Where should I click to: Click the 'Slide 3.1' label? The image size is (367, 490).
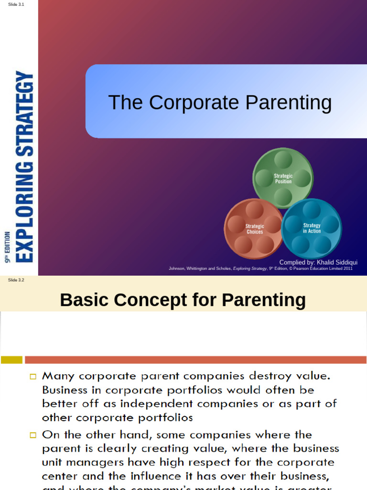pyautogui.click(x=16, y=4)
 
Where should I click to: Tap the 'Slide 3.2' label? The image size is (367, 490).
pyautogui.click(x=16, y=280)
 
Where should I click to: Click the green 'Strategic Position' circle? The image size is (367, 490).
pyautogui.click(x=283, y=178)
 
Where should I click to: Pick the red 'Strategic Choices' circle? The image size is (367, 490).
pyautogui.click(x=254, y=229)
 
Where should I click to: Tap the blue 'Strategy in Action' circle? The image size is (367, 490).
pyautogui.click(x=312, y=228)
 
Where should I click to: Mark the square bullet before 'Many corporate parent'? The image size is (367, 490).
pyautogui.click(x=33, y=377)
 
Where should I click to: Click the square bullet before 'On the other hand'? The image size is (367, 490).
pyautogui.click(x=33, y=435)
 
